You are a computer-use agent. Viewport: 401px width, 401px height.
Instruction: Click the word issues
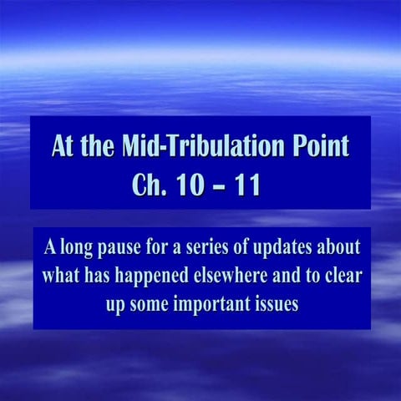(274, 304)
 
